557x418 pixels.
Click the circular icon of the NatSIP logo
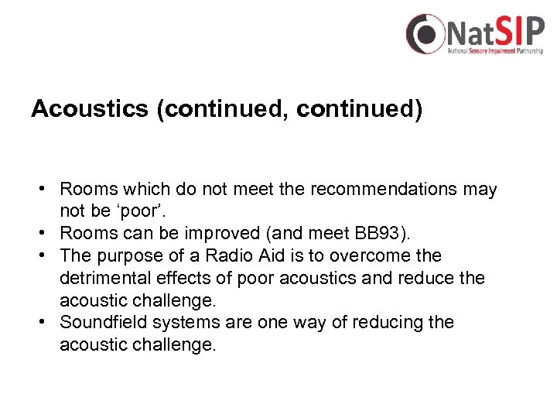(x=425, y=34)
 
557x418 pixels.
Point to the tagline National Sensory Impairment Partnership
(x=495, y=51)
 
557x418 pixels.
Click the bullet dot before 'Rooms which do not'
(x=46, y=189)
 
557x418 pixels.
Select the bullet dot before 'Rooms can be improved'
(x=46, y=233)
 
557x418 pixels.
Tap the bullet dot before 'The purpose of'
(x=46, y=255)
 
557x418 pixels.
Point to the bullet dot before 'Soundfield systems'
(x=46, y=322)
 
